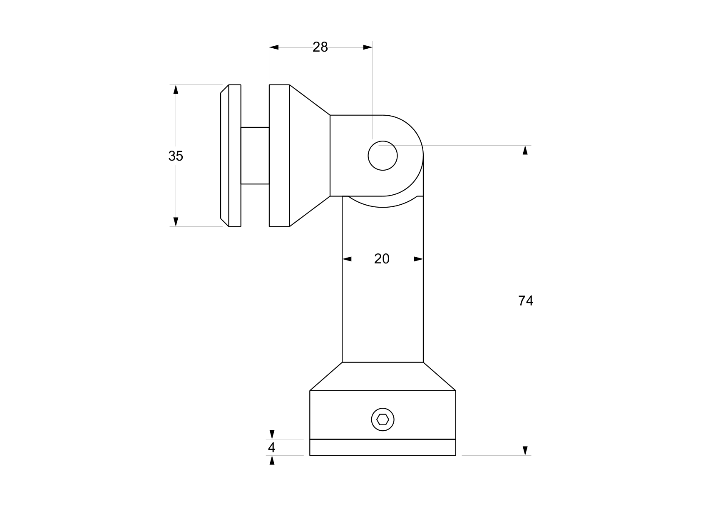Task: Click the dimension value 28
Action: coord(320,47)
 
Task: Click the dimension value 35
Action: coord(176,156)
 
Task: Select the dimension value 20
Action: coord(382,259)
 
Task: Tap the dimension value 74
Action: coord(526,300)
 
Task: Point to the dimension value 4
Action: coord(272,448)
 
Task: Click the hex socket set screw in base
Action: coord(383,419)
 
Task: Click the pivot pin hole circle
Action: coord(383,156)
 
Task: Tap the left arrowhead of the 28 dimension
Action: coord(274,47)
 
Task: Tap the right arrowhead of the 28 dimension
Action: coord(368,47)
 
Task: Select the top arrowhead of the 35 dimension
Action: coord(176,89)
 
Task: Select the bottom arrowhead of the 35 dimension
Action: coord(176,222)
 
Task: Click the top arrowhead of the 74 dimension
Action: coord(525,150)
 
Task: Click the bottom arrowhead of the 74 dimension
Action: coord(525,451)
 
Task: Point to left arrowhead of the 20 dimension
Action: coord(347,259)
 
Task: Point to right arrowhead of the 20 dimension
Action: coord(419,259)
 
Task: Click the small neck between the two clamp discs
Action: coord(255,156)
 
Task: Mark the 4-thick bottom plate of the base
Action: coord(383,447)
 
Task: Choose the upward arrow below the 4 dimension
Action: coord(272,460)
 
